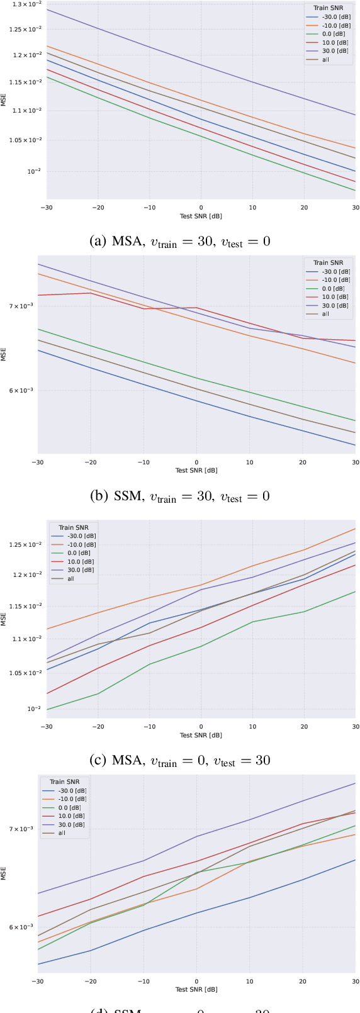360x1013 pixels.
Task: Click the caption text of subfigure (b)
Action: [x=181, y=496]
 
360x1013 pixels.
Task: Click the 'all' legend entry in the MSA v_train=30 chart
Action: [x=325, y=60]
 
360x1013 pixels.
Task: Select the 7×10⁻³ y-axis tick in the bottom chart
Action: [x=20, y=829]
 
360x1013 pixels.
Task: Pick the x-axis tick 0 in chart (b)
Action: [x=196, y=462]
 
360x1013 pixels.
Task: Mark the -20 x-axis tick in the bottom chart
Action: [x=91, y=981]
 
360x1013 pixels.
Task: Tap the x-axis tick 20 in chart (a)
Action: [x=304, y=208]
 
